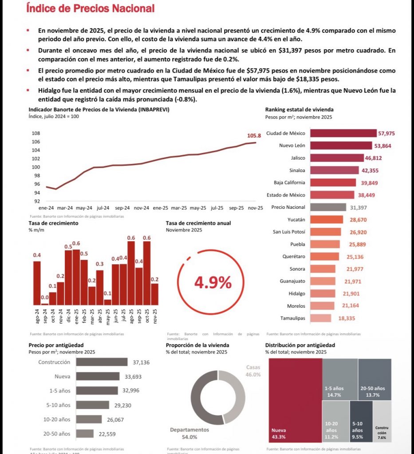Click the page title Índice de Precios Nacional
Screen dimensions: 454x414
pyautogui.click(x=90, y=8)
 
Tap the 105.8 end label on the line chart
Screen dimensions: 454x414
pyautogui.click(x=254, y=136)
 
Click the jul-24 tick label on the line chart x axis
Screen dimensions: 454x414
pyautogui.click(x=103, y=207)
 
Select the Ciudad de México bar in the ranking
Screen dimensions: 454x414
pyautogui.click(x=343, y=133)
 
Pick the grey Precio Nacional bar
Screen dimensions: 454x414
pyautogui.click(x=328, y=207)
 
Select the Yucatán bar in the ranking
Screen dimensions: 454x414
pyautogui.click(x=326, y=219)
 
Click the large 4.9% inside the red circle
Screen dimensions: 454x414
pyautogui.click(x=213, y=282)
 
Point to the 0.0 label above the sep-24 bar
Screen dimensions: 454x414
pyautogui.click(x=44, y=297)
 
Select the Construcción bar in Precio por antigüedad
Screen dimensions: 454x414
pyautogui.click(x=102, y=362)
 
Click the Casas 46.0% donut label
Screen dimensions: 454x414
pyautogui.click(x=253, y=371)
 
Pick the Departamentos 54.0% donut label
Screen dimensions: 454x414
pyautogui.click(x=189, y=433)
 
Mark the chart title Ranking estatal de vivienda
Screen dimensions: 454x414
pyautogui.click(x=300, y=110)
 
